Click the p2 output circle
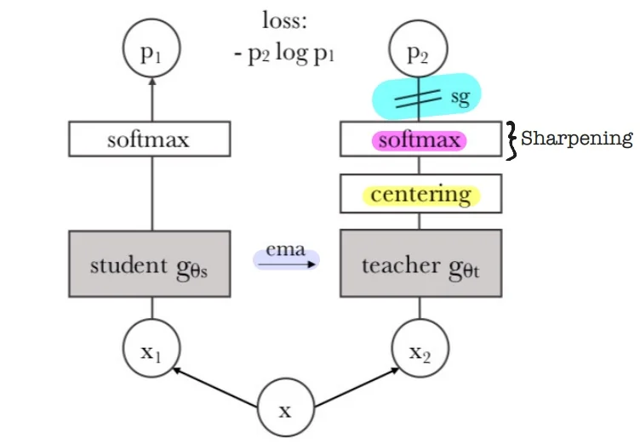418,54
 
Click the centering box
420,195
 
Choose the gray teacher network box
420,265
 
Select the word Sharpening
577,138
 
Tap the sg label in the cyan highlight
460,98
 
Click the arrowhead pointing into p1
151,82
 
